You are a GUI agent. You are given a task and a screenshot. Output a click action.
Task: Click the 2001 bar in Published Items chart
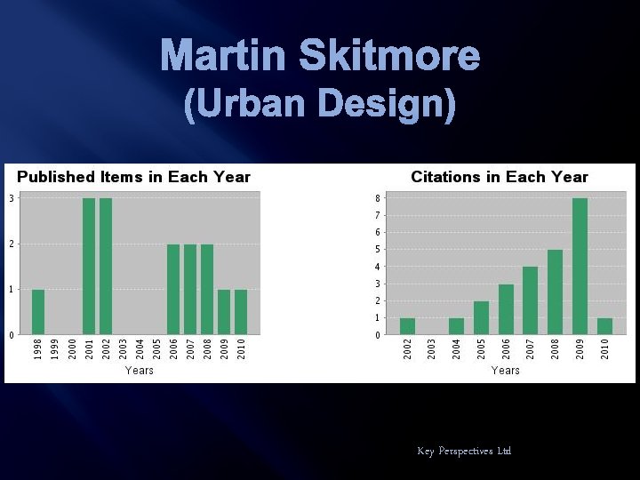click(x=89, y=266)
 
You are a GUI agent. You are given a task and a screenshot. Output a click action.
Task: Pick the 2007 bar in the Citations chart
click(x=530, y=300)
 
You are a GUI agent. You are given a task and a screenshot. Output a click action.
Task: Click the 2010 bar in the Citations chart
click(x=604, y=326)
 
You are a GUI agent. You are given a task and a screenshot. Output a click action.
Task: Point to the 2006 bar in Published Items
click(x=173, y=289)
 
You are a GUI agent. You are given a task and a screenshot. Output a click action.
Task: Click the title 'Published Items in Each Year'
click(x=134, y=177)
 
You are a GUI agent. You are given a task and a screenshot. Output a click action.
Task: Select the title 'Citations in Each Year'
click(x=499, y=177)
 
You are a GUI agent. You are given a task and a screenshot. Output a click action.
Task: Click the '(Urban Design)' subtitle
click(x=320, y=106)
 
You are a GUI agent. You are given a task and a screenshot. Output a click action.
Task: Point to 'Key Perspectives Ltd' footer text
click(x=464, y=452)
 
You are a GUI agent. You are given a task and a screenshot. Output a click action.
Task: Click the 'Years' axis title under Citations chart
click(x=505, y=370)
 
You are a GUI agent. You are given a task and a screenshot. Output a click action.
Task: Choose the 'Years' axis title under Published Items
click(x=140, y=370)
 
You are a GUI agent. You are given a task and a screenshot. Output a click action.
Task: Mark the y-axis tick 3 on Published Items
click(x=11, y=197)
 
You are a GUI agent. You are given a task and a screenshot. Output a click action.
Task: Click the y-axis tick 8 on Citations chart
click(x=377, y=197)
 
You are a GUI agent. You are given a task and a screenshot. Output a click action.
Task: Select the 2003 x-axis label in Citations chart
click(x=432, y=348)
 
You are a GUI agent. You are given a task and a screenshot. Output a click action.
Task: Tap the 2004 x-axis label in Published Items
click(x=140, y=348)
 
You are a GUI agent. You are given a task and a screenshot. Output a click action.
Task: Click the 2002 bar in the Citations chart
click(x=407, y=326)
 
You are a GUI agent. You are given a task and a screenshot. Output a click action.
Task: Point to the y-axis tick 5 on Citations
click(x=377, y=250)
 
